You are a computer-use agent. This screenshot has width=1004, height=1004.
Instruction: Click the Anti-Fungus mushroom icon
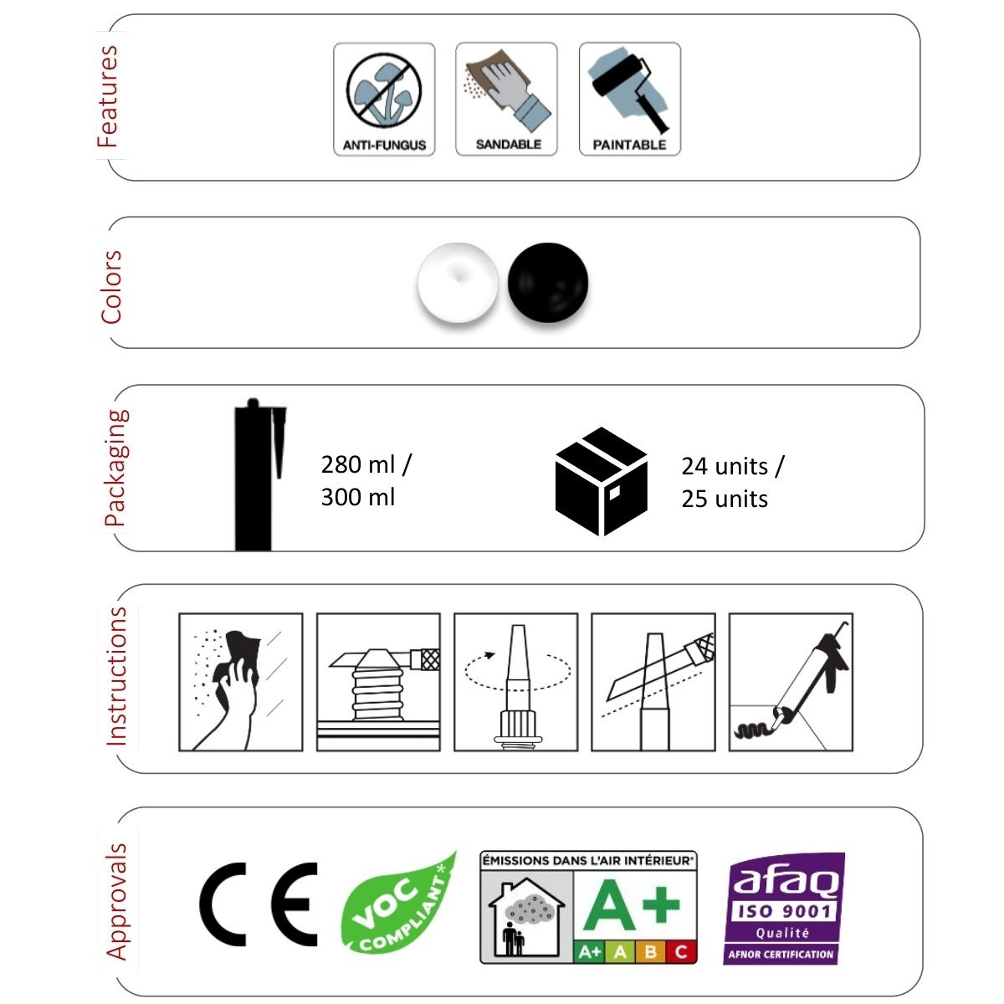tap(384, 92)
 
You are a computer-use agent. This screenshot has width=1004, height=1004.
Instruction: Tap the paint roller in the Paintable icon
tap(629, 93)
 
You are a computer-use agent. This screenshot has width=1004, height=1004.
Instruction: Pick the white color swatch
tap(458, 283)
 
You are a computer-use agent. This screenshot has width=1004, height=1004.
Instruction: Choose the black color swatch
tap(547, 283)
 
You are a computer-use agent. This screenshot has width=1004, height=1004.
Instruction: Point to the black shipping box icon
tap(602, 481)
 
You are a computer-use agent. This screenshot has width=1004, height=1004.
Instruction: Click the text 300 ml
tap(358, 497)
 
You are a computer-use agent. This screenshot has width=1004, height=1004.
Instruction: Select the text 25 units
tap(725, 499)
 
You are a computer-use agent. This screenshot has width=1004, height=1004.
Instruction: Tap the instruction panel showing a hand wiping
tap(241, 682)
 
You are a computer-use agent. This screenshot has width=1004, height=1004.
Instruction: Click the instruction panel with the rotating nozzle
tap(516, 682)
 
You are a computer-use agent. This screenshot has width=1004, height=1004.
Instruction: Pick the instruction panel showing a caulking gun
tap(791, 682)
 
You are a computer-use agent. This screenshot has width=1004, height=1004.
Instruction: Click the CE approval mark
tap(259, 904)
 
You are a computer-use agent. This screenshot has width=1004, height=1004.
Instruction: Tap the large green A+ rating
tap(632, 904)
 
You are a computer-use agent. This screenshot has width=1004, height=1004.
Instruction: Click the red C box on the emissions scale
tap(681, 952)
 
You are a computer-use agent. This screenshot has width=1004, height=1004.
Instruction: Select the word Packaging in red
tap(115, 468)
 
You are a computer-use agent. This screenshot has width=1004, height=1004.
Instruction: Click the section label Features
tap(108, 96)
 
